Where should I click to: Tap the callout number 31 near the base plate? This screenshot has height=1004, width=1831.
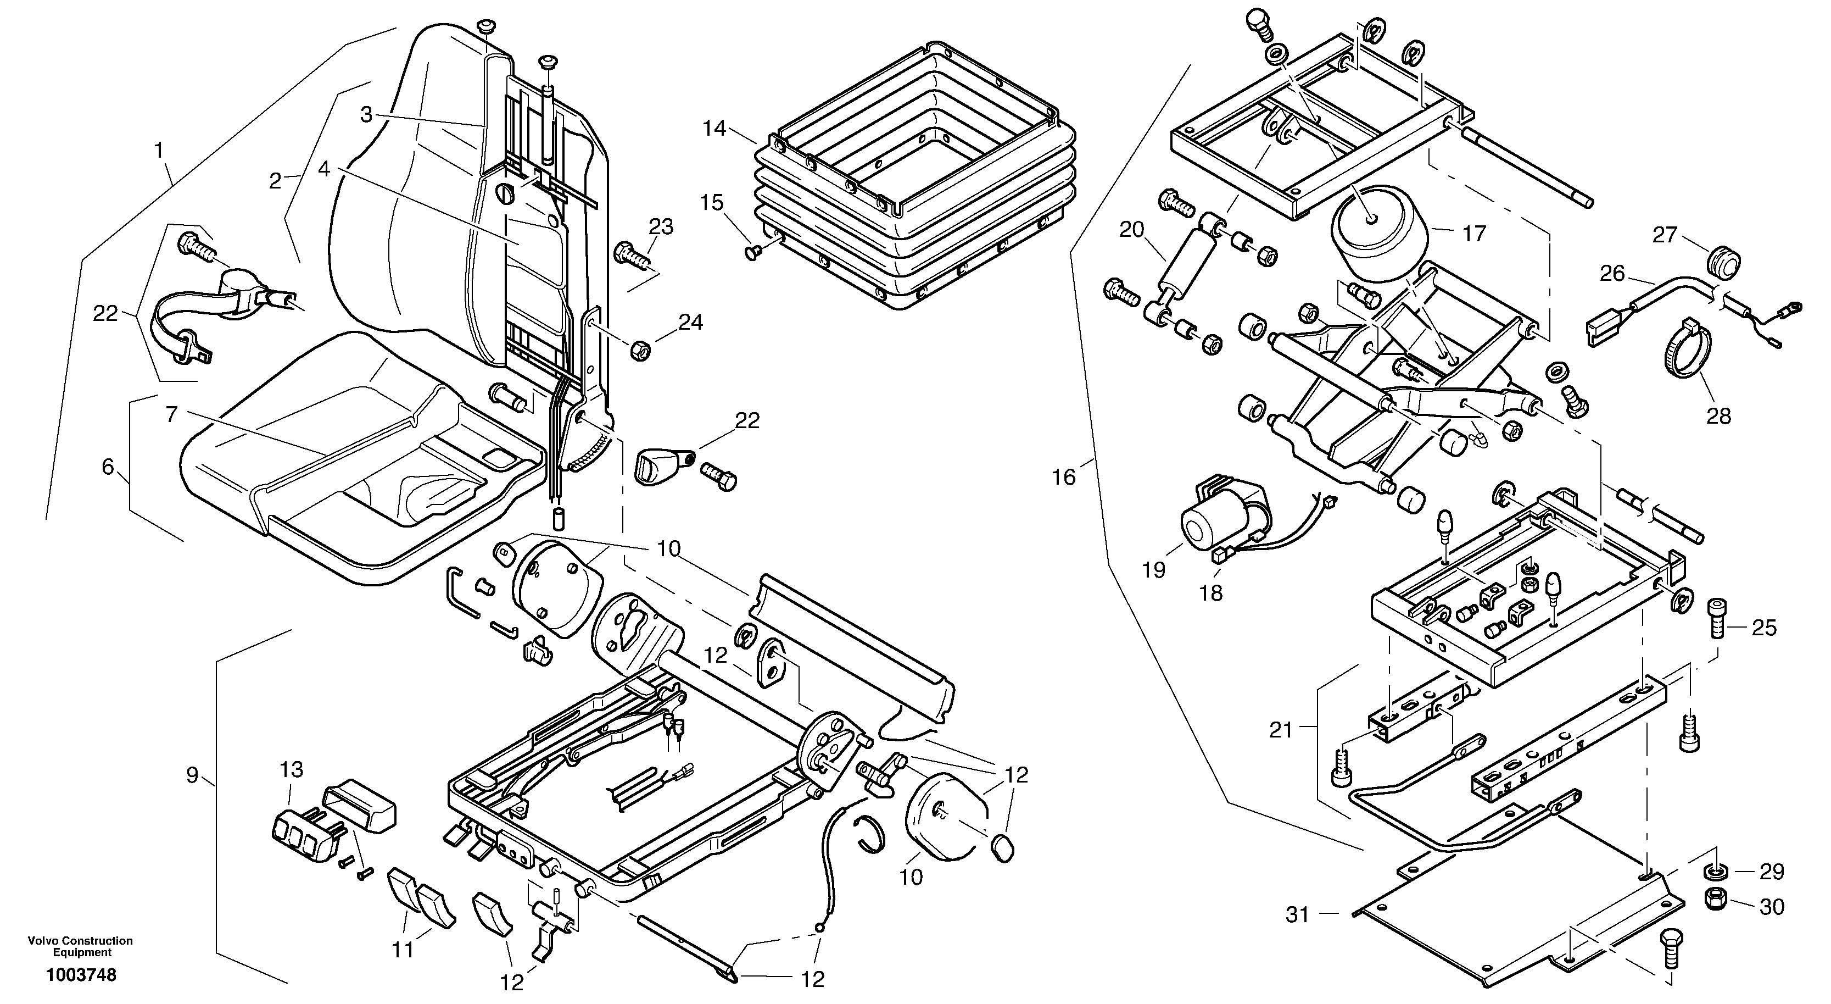1298,914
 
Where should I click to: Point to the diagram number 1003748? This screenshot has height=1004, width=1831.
81,975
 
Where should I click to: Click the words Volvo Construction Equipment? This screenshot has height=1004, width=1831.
80,946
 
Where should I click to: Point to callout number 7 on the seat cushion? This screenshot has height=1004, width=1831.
171,414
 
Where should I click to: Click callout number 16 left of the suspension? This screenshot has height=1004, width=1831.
1064,477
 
